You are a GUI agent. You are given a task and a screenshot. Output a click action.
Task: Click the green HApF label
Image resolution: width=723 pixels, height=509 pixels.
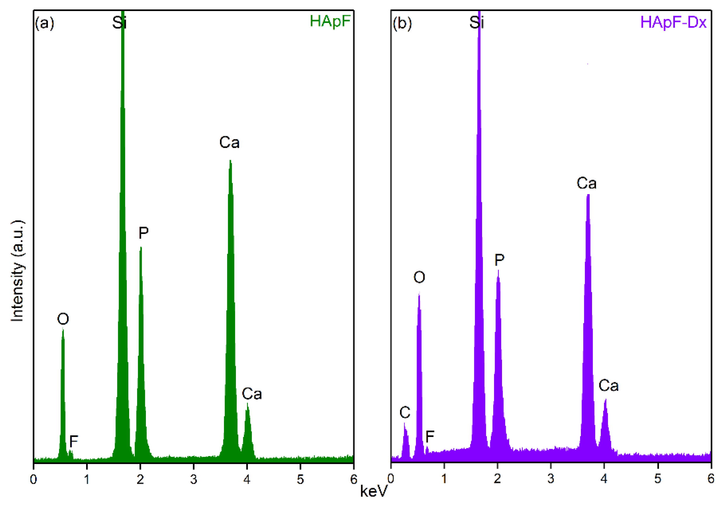click(x=330, y=21)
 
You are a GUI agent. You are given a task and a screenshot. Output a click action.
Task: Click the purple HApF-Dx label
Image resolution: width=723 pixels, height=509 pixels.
click(x=673, y=22)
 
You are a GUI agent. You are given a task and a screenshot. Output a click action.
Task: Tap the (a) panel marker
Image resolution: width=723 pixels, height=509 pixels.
click(x=44, y=23)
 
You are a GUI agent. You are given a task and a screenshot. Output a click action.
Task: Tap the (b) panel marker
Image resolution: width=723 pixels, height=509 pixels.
click(x=402, y=23)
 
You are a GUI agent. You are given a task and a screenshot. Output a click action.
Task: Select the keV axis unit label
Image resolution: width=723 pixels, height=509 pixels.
click(x=373, y=491)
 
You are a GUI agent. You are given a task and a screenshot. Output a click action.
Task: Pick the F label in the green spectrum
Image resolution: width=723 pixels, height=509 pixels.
click(x=73, y=441)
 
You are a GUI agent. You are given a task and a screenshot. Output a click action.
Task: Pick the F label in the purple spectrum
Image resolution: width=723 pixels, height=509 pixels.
click(x=430, y=437)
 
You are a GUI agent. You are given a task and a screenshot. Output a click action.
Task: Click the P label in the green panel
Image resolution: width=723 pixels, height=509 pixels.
click(x=143, y=233)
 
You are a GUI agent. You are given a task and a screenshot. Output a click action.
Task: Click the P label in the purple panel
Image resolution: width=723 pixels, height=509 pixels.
click(x=499, y=260)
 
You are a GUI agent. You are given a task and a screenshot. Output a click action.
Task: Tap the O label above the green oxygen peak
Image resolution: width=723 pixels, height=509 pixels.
click(x=63, y=319)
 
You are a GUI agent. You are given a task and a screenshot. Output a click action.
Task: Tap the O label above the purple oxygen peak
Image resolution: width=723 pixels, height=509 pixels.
click(x=419, y=277)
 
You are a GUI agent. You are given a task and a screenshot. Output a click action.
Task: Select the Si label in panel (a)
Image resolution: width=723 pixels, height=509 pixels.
click(x=119, y=23)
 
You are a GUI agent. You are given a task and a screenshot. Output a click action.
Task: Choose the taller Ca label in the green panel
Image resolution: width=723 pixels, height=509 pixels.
click(x=229, y=143)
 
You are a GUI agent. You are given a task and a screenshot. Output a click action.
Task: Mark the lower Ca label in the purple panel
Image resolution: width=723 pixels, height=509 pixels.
click(x=608, y=386)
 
